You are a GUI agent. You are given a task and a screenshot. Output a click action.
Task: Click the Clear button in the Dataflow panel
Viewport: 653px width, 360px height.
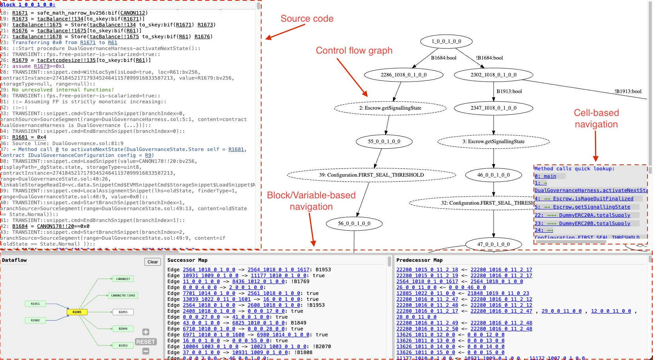[x=153, y=262]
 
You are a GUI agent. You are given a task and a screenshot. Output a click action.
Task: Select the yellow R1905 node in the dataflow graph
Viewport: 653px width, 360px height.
[x=77, y=312]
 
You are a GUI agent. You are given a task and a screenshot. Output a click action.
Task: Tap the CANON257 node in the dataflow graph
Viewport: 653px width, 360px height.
[x=123, y=279]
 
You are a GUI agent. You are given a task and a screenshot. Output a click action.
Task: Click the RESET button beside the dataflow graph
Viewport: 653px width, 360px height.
[x=146, y=342]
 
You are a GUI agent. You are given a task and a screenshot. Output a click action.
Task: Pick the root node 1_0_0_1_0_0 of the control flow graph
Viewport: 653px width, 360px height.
[x=446, y=41]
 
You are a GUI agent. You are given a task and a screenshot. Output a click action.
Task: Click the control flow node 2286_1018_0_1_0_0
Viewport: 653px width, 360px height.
[x=403, y=75]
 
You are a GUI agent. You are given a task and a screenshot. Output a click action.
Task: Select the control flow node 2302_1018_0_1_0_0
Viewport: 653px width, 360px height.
[x=493, y=75]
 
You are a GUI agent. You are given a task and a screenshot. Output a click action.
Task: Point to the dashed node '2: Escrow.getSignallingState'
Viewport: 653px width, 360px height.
[x=390, y=108]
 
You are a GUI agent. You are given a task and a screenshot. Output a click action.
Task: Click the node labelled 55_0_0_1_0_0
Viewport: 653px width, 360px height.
[x=384, y=142]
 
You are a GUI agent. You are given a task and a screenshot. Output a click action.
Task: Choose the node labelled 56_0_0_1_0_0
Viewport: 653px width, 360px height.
[x=354, y=224]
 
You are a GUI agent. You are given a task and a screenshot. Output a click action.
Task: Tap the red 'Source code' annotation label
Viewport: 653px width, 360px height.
[x=307, y=19]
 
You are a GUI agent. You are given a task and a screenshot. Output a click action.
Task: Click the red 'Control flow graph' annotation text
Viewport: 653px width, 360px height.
[x=354, y=50]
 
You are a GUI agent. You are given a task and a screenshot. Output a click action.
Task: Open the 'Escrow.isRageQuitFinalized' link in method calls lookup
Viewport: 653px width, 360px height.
[x=593, y=199]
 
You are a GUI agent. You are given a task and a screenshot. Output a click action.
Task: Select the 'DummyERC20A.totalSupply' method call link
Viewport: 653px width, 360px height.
[x=594, y=215]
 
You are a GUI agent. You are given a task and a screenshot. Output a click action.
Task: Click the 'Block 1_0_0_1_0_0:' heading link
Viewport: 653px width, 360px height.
[x=28, y=5]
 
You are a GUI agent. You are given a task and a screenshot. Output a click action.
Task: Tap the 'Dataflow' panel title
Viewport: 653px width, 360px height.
[x=14, y=260]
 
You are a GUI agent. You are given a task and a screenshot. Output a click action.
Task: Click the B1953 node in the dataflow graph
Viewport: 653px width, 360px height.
[x=123, y=345]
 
